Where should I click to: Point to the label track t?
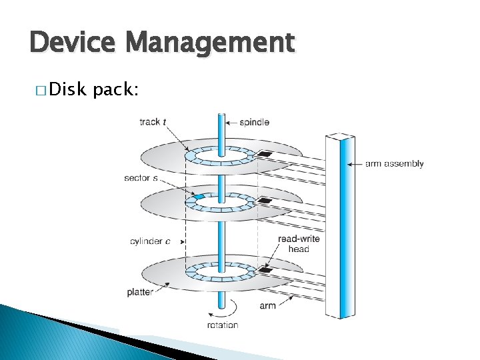tap(153, 122)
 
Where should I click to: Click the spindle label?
tap(254, 122)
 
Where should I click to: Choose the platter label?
tap(140, 292)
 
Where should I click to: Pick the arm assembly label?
tap(395, 163)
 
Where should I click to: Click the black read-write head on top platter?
tap(265, 155)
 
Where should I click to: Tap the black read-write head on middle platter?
tap(265, 200)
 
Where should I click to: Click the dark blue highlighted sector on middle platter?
tap(197, 197)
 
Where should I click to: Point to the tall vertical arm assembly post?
tap(341, 227)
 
